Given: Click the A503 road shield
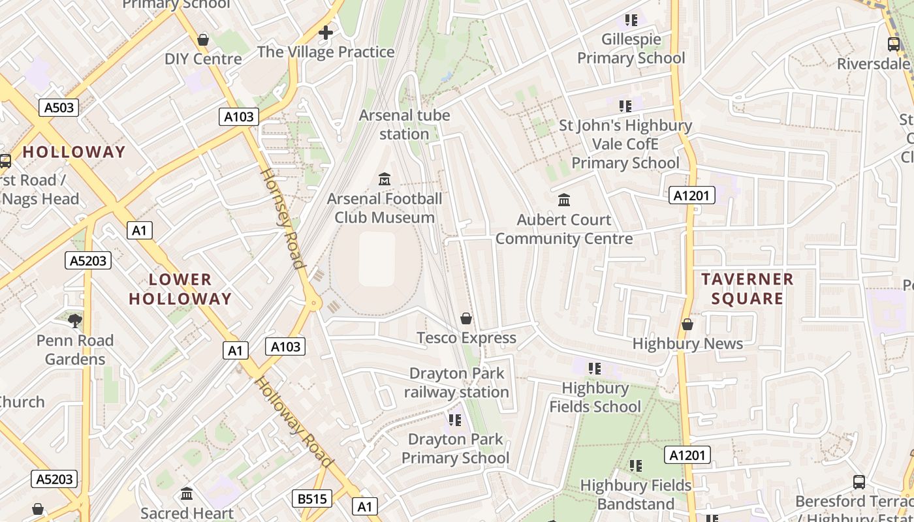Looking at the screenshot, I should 59,108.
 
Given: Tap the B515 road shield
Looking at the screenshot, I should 311,499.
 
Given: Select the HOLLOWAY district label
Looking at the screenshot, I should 74,152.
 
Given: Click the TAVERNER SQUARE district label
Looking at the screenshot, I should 747,288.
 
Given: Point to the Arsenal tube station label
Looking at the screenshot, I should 405,124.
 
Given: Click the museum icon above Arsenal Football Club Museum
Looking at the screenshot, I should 385,179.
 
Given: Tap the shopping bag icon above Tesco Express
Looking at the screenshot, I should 466,318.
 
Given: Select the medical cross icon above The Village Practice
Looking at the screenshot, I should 326,32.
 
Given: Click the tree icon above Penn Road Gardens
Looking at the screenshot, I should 75,320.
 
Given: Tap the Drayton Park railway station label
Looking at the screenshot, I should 456,382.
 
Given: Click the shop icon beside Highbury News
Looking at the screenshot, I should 687,324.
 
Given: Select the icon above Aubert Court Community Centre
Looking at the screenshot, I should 564,200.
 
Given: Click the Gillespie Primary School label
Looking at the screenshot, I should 631,49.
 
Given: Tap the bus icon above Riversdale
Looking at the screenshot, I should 893,44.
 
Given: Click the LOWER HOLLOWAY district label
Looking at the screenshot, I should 180,289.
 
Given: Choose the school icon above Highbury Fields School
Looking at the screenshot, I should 594,369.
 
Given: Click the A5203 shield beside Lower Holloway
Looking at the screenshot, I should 88,261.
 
